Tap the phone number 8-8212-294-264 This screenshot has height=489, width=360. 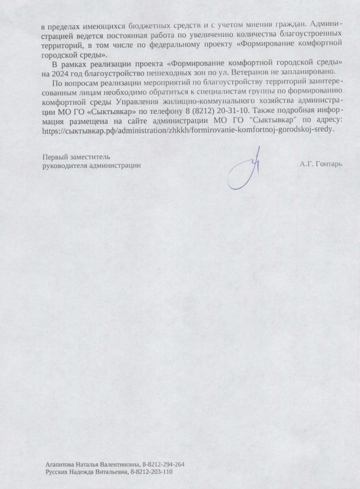(163, 464)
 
